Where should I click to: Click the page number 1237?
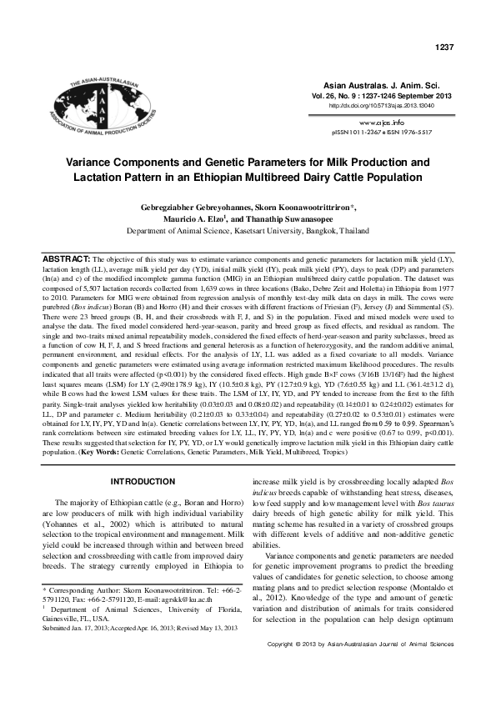tap(443, 47)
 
